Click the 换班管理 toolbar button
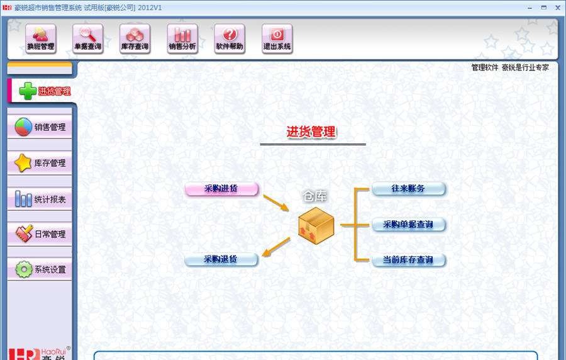click(41, 38)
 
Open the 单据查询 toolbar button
click(88, 38)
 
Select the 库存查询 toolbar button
click(135, 38)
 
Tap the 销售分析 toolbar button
click(182, 38)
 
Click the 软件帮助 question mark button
click(230, 38)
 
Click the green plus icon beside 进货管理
click(28, 91)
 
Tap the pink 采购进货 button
click(221, 189)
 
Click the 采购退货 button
click(221, 259)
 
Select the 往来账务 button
click(408, 189)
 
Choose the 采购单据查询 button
click(408, 225)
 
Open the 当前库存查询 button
click(408, 260)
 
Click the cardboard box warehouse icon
click(316, 224)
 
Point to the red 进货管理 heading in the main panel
click(311, 132)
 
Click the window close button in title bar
click(558, 7)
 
